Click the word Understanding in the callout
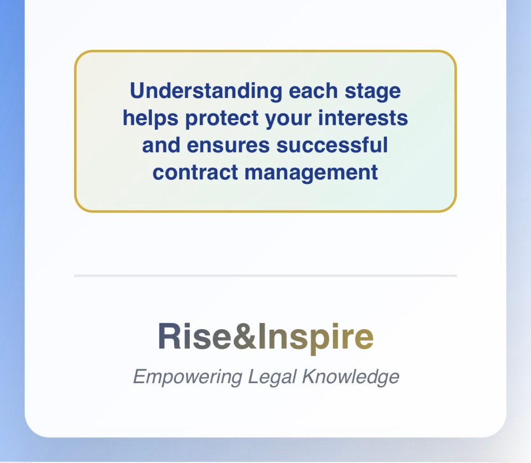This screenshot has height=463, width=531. pyautogui.click(x=206, y=91)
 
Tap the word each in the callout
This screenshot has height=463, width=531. pyautogui.click(x=313, y=91)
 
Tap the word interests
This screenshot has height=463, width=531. pyautogui.click(x=363, y=118)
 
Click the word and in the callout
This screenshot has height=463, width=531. pyautogui.click(x=161, y=145)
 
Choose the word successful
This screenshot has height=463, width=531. pyautogui.click(x=332, y=145)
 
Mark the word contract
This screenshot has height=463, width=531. pyautogui.click(x=195, y=173)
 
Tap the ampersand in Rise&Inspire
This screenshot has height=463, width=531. pyautogui.click(x=245, y=336)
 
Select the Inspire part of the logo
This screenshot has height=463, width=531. pyautogui.click(x=316, y=338)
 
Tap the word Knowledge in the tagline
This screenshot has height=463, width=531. pyautogui.click(x=351, y=376)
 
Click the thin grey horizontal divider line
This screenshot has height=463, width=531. pyautogui.click(x=265, y=276)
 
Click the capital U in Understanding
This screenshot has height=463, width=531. pyautogui.click(x=138, y=91)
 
